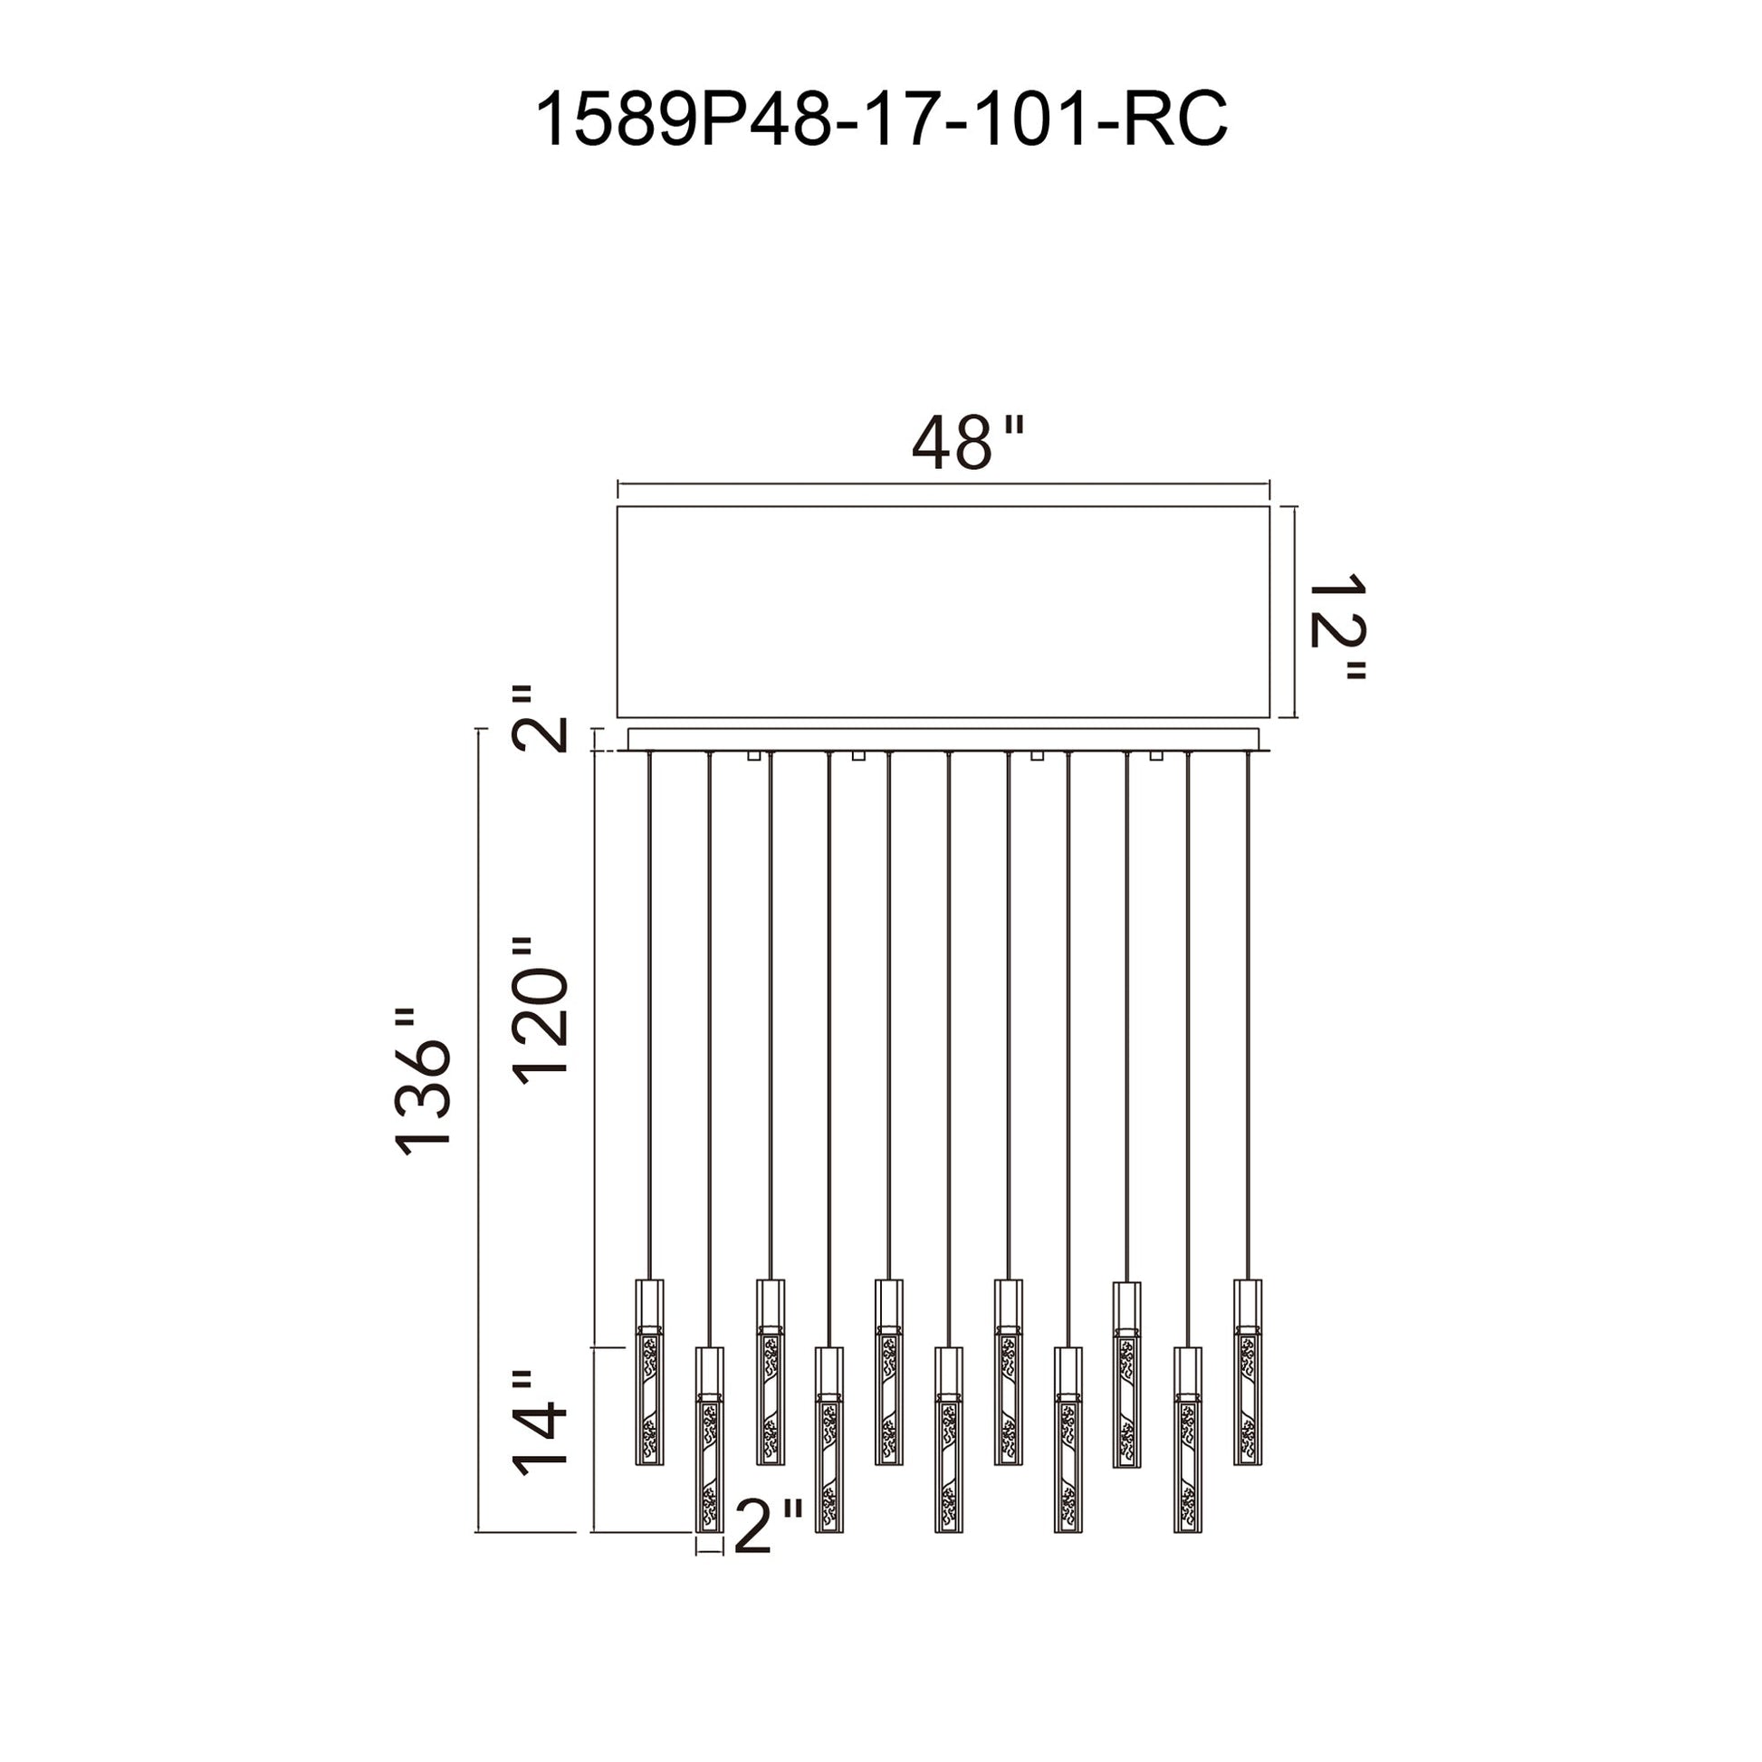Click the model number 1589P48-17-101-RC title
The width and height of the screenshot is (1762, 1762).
click(881, 119)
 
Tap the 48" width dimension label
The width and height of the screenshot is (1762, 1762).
click(969, 444)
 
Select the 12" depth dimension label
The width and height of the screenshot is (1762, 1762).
click(1337, 627)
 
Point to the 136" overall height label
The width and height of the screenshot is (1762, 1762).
click(423, 1083)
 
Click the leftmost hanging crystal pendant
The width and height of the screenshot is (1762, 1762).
click(649, 1372)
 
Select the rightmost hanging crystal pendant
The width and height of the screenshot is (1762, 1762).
click(1248, 1372)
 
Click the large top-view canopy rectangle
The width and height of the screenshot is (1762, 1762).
click(943, 612)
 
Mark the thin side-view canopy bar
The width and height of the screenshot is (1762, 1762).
click(943, 740)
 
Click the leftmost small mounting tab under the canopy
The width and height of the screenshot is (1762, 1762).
click(753, 755)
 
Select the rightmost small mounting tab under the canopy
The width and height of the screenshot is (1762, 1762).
click(1157, 755)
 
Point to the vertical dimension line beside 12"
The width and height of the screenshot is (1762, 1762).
click(1296, 612)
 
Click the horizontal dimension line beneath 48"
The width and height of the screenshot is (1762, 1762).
click(943, 484)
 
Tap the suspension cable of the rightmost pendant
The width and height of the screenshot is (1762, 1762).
click(1248, 1015)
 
